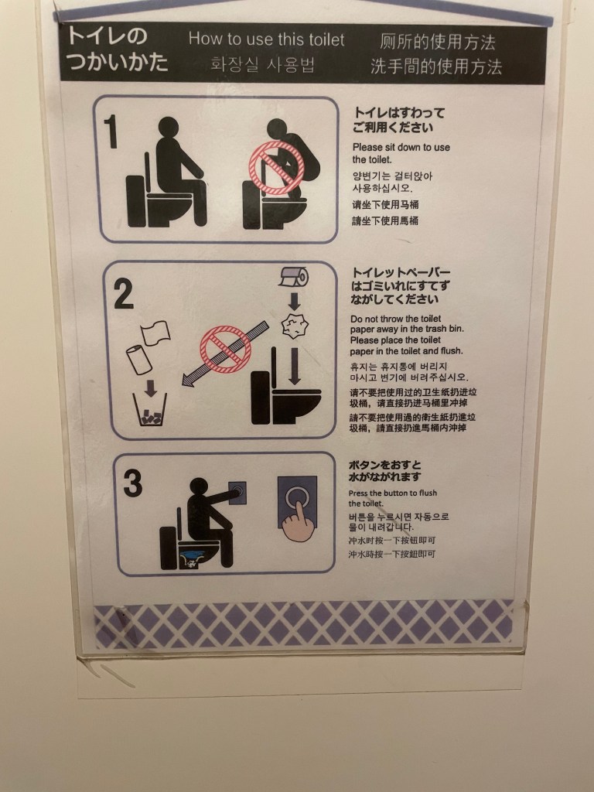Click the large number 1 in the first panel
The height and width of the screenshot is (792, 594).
point(111,131)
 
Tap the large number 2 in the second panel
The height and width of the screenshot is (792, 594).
point(123,293)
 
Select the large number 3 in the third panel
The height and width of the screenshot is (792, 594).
point(132,483)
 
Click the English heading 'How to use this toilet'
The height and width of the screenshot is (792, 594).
point(266,39)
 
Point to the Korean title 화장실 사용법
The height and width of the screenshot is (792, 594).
point(263,65)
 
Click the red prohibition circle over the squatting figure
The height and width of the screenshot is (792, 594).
point(276,168)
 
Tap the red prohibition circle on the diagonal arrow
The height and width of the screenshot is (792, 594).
point(225,350)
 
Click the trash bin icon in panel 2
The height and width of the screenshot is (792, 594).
point(150,409)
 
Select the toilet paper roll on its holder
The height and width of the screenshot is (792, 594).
point(293,278)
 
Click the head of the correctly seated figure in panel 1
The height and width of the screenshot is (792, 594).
point(169,127)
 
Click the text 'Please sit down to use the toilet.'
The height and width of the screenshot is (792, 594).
point(401,153)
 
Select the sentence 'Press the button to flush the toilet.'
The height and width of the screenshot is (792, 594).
point(392,498)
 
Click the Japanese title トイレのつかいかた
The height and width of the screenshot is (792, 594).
point(117,49)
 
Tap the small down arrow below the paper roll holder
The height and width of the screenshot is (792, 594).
point(295,301)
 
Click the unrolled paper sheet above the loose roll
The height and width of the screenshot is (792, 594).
point(155,333)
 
